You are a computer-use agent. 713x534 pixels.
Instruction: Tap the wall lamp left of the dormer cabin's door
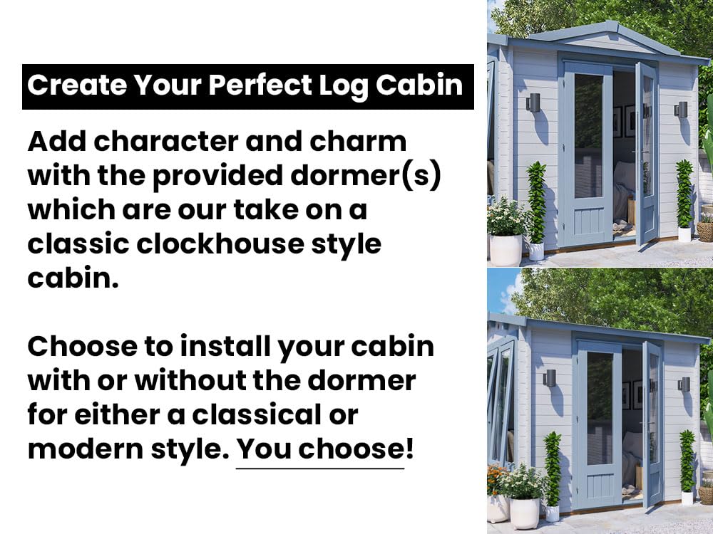tap(533, 103)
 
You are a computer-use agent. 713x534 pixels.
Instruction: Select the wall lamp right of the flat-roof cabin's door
tap(684, 384)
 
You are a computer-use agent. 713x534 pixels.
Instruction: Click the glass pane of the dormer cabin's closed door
tap(589, 135)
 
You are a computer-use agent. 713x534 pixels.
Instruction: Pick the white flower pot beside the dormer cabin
tap(506, 249)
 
